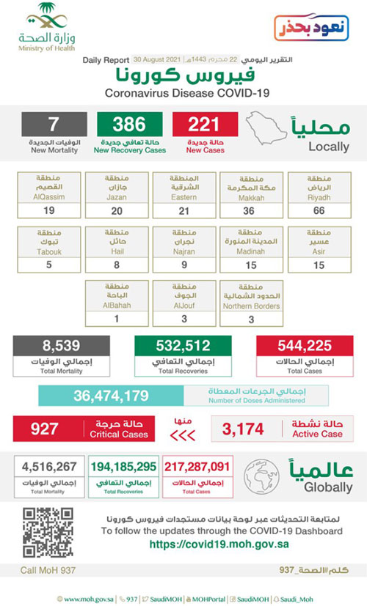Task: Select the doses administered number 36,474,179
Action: [x=111, y=396]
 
